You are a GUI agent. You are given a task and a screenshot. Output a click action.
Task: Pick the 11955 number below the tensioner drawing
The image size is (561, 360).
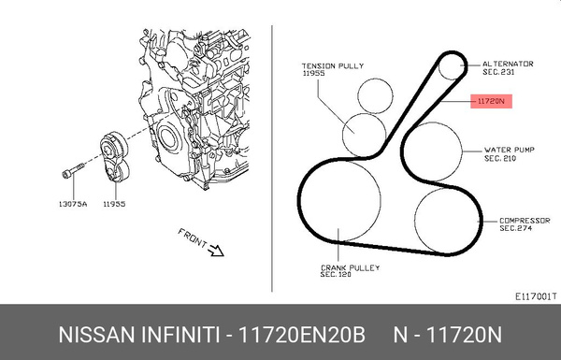tap(115, 201)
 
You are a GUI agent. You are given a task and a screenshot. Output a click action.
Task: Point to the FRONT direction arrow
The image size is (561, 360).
tap(214, 248)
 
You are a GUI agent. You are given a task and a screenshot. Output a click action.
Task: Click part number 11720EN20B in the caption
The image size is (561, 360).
tap(301, 333)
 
